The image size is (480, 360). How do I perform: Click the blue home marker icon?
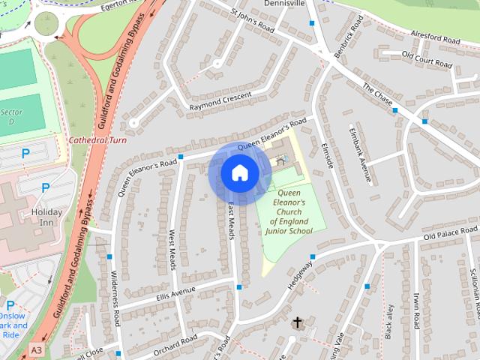click(x=239, y=172)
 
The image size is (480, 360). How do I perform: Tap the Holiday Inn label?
click(x=46, y=217)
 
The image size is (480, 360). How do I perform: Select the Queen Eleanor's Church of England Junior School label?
click(x=289, y=212)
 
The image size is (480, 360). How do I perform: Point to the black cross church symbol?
click(x=297, y=323)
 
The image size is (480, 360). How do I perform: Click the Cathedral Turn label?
click(x=97, y=140)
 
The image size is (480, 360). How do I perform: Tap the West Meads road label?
click(x=172, y=250)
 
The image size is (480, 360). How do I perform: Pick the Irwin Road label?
click(x=415, y=310)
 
